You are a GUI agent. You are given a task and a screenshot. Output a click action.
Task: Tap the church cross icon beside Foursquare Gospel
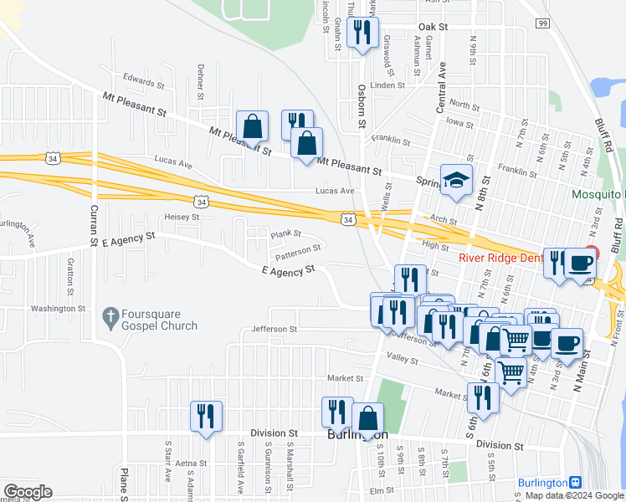click(x=108, y=315)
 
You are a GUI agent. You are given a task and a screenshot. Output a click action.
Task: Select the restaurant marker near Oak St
click(x=362, y=33)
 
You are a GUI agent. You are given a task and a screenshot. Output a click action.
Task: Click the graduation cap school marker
click(x=457, y=180)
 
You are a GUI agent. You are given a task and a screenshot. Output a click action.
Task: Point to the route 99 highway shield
click(x=543, y=23)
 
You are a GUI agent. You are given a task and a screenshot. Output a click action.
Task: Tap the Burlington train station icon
click(x=575, y=484)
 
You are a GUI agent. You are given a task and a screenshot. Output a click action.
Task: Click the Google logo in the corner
click(x=27, y=491)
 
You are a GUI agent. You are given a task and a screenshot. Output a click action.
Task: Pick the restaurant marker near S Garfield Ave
click(x=206, y=416)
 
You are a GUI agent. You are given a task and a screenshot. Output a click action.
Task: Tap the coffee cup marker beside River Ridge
click(x=579, y=263)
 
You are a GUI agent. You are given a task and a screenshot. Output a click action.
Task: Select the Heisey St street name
click(x=182, y=217)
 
